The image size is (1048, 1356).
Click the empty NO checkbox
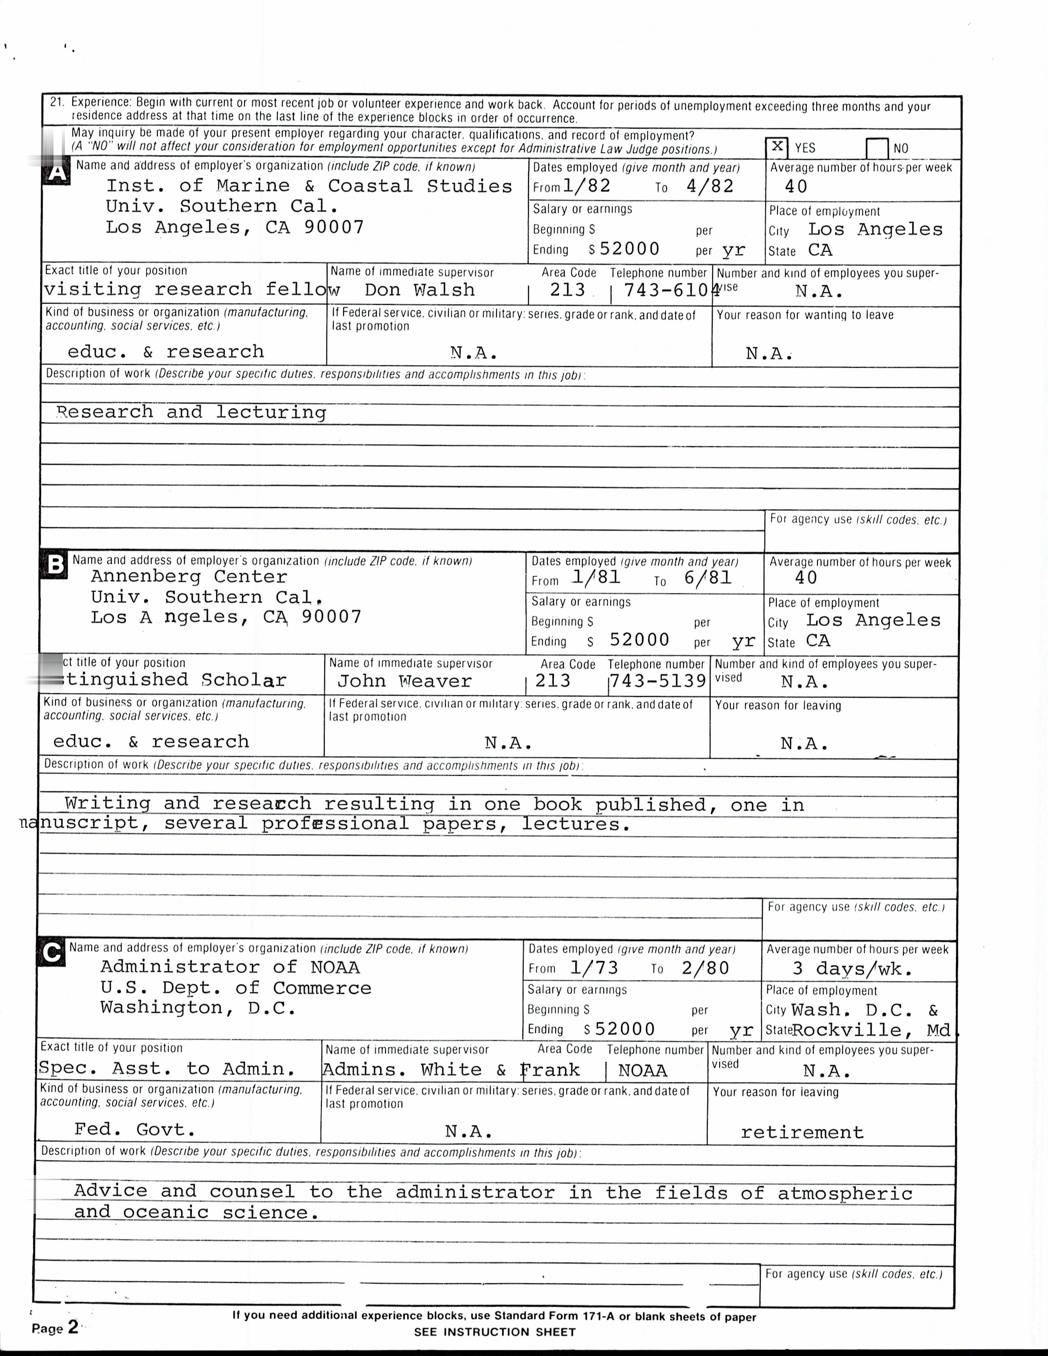point(877,148)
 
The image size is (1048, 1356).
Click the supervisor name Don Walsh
point(419,290)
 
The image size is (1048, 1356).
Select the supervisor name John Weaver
point(404,681)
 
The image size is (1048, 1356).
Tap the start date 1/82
point(587,186)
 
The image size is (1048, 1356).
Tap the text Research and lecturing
point(191,412)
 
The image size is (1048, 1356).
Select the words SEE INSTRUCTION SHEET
point(495,1332)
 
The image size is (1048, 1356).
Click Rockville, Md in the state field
point(871,1031)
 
